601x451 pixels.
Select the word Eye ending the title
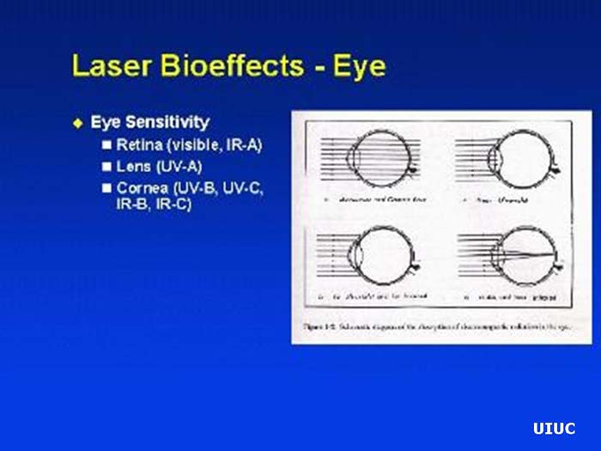[x=361, y=67]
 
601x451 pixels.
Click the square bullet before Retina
[x=107, y=145]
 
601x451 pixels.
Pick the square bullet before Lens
[x=107, y=166]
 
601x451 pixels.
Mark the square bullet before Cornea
[x=107, y=186]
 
